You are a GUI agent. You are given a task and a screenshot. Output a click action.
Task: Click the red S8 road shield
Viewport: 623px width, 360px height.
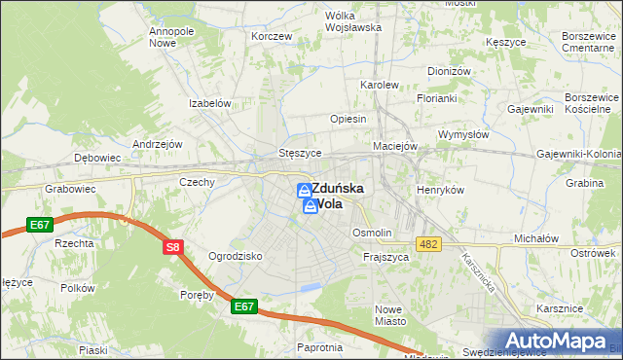(172, 247)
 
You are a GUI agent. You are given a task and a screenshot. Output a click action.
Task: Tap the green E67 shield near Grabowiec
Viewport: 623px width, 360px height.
(40, 225)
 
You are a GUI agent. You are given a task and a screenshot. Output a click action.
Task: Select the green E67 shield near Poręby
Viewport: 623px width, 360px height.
(244, 306)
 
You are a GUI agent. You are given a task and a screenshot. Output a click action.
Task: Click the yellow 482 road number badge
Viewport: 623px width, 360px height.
(427, 243)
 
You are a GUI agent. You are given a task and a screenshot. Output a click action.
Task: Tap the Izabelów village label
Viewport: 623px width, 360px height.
(209, 103)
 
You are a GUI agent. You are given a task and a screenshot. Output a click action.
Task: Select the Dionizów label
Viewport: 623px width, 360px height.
(449, 71)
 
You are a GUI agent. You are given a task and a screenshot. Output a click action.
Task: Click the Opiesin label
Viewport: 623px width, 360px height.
(348, 119)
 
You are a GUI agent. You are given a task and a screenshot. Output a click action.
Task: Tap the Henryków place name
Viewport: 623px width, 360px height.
(440, 190)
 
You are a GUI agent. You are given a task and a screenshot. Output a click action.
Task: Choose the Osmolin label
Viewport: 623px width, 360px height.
(372, 234)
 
